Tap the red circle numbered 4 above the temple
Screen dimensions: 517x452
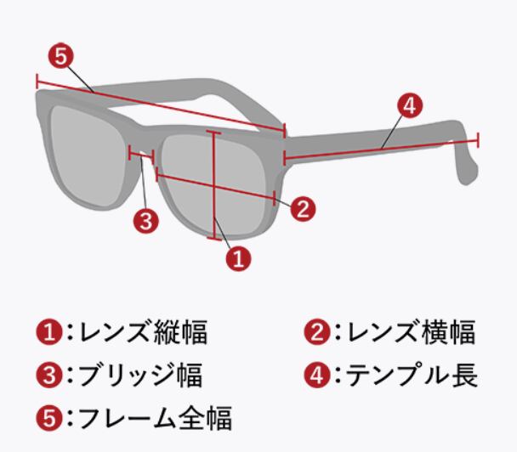pyautogui.click(x=409, y=105)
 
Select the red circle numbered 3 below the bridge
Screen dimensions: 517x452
pyautogui.click(x=146, y=222)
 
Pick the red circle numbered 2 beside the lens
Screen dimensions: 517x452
pyautogui.click(x=303, y=206)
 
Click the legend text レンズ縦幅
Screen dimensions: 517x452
pyautogui.click(x=143, y=332)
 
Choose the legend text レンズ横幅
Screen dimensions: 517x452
pyautogui.click(x=409, y=332)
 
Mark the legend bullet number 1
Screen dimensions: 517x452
pyautogui.click(x=48, y=332)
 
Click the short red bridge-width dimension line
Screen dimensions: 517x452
pyautogui.click(x=140, y=155)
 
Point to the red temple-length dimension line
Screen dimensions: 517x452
pyautogui.click(x=383, y=148)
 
